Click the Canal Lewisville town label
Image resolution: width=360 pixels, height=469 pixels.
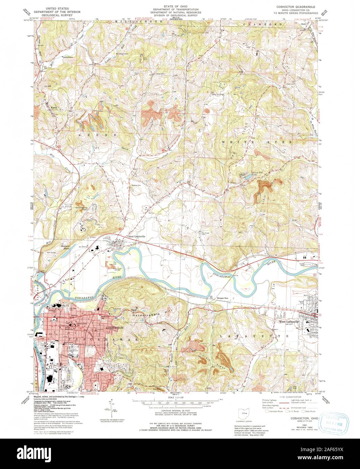136,237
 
